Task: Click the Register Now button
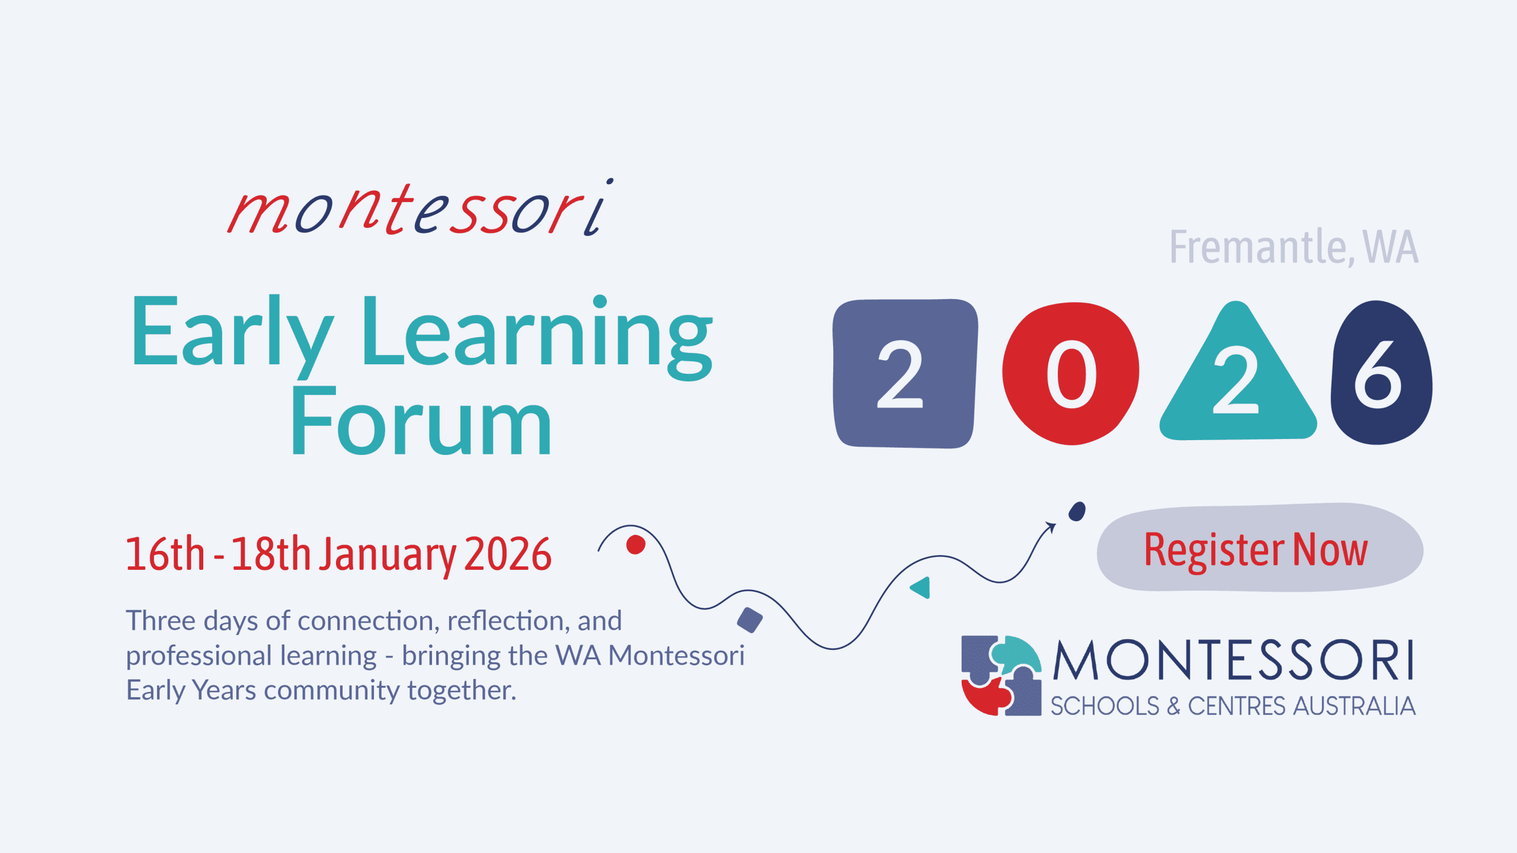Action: click(x=1260, y=548)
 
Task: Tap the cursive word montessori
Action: click(x=420, y=207)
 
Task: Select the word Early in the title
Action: click(x=232, y=335)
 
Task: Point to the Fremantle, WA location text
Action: click(x=1294, y=246)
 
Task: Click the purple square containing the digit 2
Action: click(x=905, y=374)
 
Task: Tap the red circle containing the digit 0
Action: click(x=1070, y=373)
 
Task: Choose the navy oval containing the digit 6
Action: click(x=1381, y=372)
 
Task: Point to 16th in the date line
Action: click(x=165, y=553)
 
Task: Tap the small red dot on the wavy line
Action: click(x=636, y=544)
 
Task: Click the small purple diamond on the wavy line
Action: click(x=750, y=620)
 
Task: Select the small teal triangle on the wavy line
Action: click(x=921, y=588)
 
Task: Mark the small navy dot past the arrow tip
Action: click(x=1077, y=511)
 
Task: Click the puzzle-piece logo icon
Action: click(x=1001, y=675)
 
